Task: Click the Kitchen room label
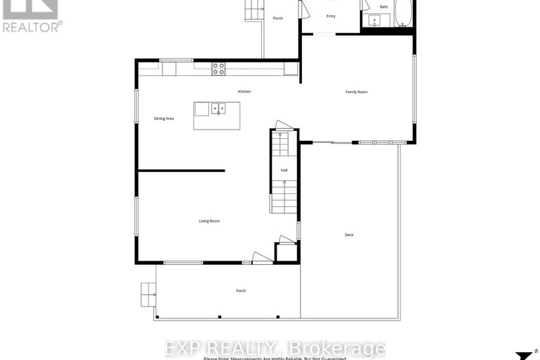[x=244, y=92]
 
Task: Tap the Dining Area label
[x=164, y=118]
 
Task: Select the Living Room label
[x=209, y=221]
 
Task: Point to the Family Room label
[x=356, y=92]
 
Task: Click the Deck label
[x=349, y=235]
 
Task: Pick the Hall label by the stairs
[x=284, y=170]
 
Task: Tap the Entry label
[x=331, y=16]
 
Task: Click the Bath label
[x=384, y=7]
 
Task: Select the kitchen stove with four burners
[x=219, y=68]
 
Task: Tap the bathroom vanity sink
[x=376, y=20]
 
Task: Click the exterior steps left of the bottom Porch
[x=148, y=294]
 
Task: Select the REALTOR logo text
[x=32, y=27]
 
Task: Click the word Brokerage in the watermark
[x=346, y=348]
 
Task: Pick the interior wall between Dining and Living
[x=181, y=170]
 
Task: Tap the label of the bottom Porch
[x=241, y=291]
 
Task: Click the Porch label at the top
[x=278, y=18]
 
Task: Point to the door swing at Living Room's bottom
[x=261, y=258]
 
